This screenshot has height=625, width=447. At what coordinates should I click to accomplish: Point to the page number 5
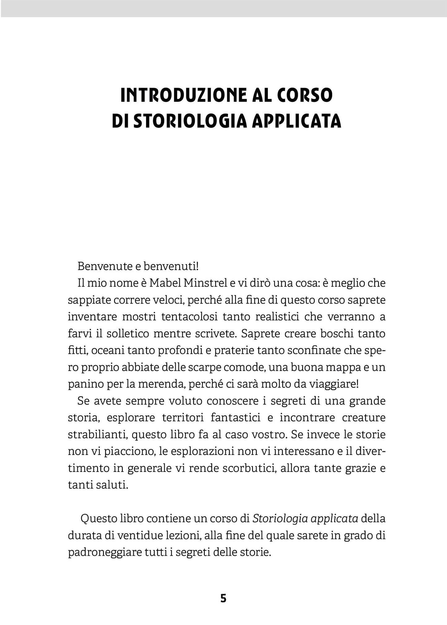223,598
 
